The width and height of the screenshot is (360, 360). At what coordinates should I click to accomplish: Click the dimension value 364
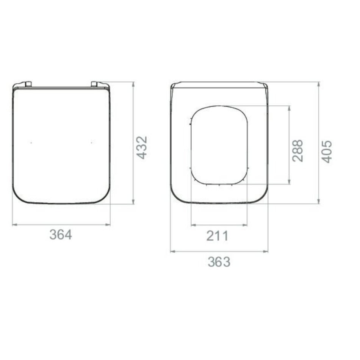point(61,235)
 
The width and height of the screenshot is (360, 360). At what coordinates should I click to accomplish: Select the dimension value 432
point(142,147)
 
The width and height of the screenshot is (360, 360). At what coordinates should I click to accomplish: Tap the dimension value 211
point(218,236)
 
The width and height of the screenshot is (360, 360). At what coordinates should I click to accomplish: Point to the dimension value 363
point(219,262)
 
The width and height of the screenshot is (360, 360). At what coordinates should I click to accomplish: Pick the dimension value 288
point(297,150)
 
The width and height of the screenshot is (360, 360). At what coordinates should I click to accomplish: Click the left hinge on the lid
point(28,84)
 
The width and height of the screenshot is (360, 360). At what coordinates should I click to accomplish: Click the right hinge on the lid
point(95,84)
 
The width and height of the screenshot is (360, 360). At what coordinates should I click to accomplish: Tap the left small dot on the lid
point(31,143)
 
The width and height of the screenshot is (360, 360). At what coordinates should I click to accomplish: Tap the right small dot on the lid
point(92,143)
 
